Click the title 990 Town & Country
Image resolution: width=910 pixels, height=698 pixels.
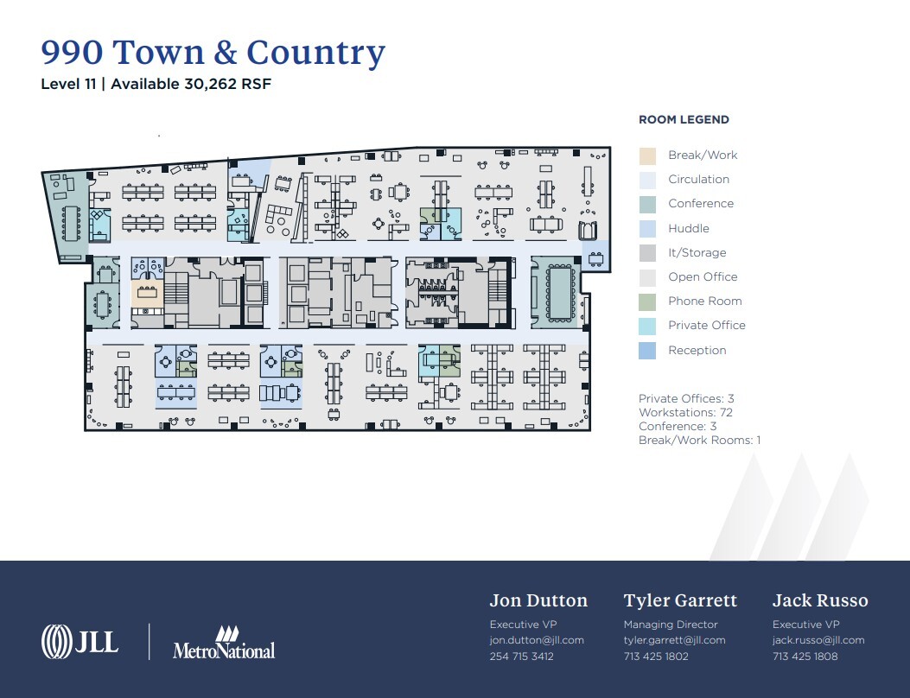(x=213, y=53)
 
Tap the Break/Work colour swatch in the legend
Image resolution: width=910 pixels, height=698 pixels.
(x=647, y=155)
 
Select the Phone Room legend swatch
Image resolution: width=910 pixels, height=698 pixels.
(x=647, y=301)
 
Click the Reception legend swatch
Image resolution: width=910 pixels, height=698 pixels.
(x=647, y=350)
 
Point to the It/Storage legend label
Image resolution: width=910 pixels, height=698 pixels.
(x=697, y=253)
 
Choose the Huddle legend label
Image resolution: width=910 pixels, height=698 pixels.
(x=688, y=229)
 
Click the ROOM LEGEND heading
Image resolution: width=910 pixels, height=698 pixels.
(x=684, y=120)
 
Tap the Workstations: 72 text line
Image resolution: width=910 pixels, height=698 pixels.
(x=686, y=413)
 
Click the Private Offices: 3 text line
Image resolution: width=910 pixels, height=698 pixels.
(x=686, y=399)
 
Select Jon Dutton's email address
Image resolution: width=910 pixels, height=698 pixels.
(x=537, y=640)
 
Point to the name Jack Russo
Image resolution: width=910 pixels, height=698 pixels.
(x=819, y=600)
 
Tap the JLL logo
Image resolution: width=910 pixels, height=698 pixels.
(x=80, y=641)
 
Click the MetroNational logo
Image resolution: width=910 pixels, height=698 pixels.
(x=224, y=644)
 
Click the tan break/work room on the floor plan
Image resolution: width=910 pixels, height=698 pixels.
(x=143, y=292)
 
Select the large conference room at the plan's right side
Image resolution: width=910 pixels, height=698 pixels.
(x=560, y=292)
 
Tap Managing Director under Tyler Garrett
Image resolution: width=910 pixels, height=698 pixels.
(x=671, y=625)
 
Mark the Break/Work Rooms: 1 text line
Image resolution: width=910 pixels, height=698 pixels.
(x=699, y=441)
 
